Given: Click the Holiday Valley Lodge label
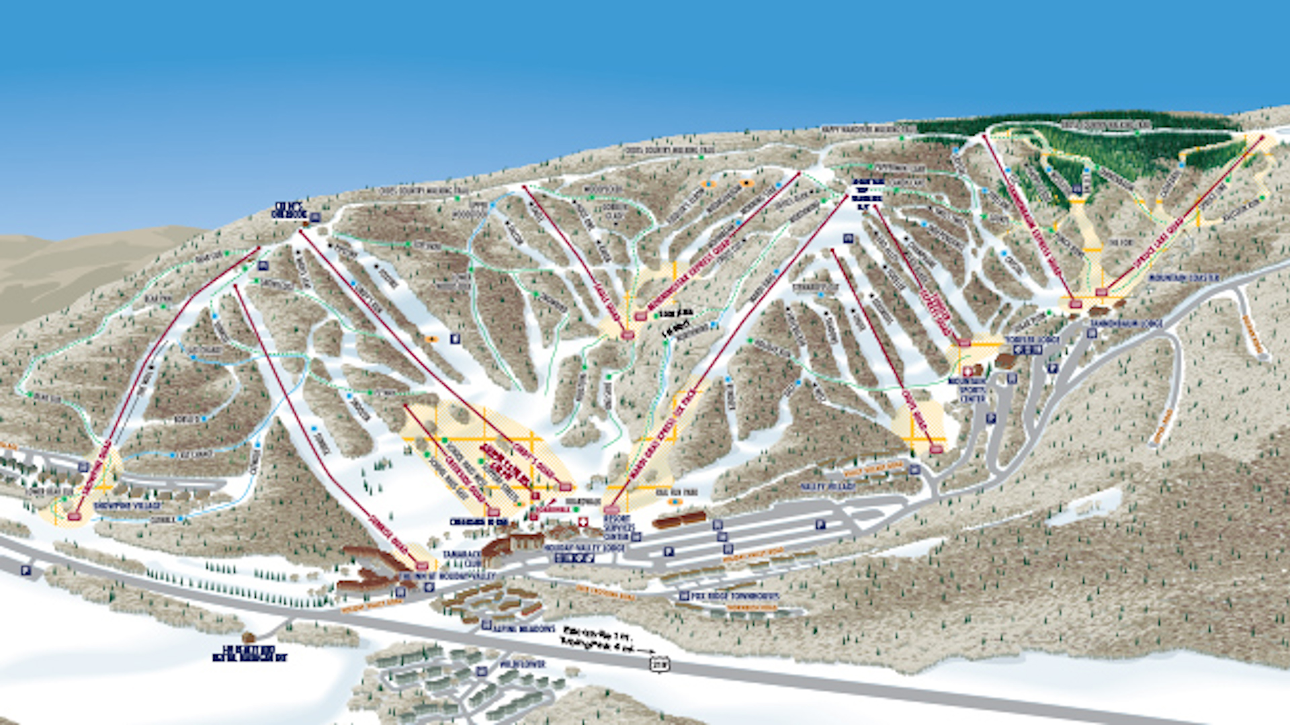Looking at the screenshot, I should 585,548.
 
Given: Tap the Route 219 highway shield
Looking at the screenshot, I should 659,664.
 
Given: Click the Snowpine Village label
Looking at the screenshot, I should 128,505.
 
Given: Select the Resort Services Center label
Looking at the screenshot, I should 617,528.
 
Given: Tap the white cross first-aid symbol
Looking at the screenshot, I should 583,522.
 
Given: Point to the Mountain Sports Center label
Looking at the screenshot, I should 967,390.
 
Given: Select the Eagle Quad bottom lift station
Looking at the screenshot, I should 628,334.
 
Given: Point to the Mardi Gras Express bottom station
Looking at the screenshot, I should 611,509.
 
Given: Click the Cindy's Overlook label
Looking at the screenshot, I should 288,210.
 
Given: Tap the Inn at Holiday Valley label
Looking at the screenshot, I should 447,576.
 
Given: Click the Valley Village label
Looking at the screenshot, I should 828,486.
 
